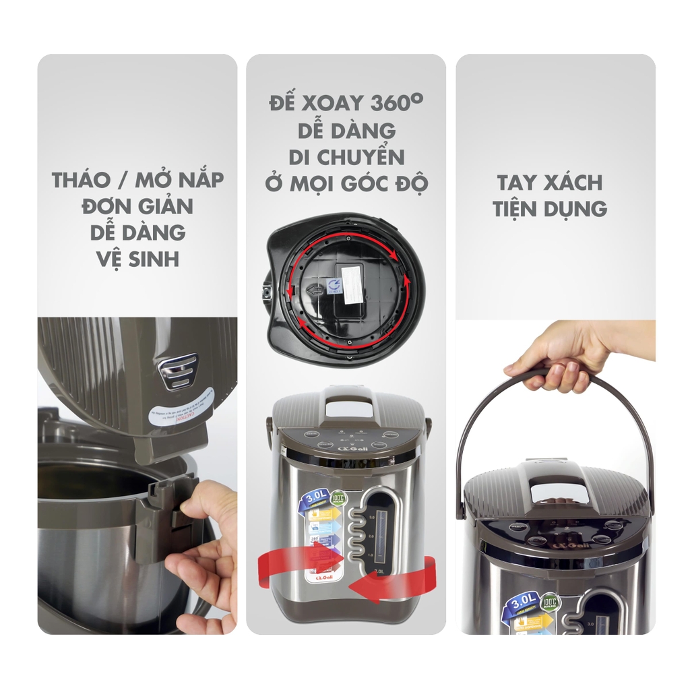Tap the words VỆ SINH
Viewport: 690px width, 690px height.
click(137, 257)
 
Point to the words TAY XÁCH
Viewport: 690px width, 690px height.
click(549, 183)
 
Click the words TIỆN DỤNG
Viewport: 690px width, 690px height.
click(549, 208)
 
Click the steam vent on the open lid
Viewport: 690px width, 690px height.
click(178, 370)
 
